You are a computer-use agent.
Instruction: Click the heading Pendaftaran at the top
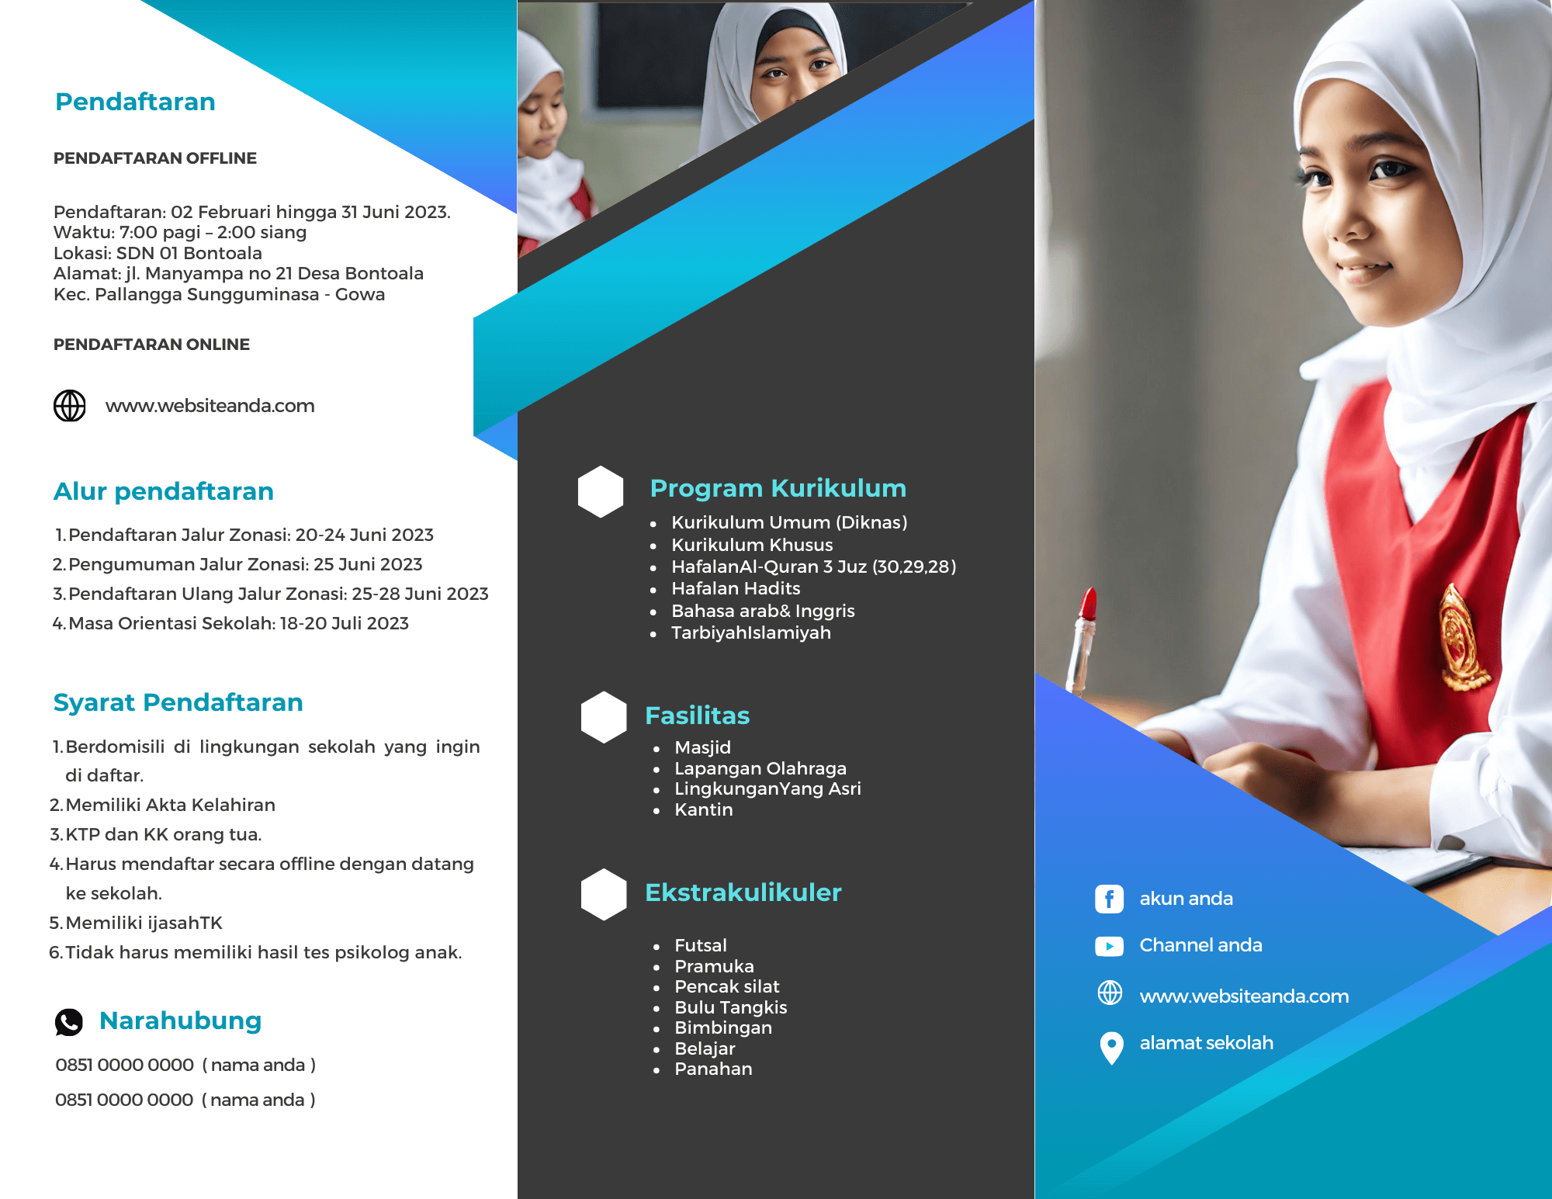pos(135,102)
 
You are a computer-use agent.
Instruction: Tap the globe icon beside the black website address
pos(70,406)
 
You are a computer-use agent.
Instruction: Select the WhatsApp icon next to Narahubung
pos(69,1022)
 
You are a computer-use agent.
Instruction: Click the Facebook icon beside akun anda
pos(1110,899)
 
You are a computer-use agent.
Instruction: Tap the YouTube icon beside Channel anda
pos(1110,946)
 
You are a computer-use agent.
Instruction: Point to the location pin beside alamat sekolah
pos(1111,1048)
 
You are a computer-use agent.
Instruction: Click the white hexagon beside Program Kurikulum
pos(601,491)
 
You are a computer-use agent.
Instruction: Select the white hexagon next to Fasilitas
pos(604,717)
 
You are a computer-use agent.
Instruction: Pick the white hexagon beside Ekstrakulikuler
pos(604,894)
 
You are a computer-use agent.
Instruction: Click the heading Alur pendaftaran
pos(164,491)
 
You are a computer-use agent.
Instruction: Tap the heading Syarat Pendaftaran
pos(178,702)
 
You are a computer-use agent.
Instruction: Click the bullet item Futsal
pos(701,945)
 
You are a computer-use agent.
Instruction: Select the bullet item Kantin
pos(704,809)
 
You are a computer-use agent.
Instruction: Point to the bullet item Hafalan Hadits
pos(736,588)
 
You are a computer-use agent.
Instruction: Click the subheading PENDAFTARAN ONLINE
pos(151,345)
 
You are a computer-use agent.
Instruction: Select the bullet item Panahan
pos(713,1069)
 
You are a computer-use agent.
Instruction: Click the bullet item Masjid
pos(702,747)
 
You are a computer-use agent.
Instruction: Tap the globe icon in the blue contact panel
pos(1110,993)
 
